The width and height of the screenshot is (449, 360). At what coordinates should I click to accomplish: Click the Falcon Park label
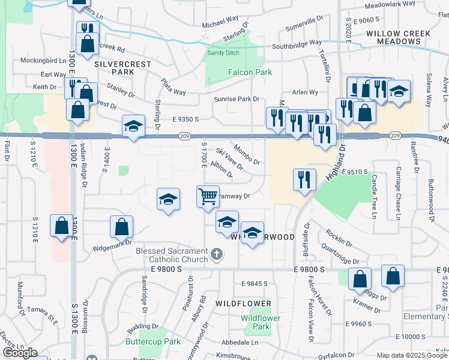(x=250, y=72)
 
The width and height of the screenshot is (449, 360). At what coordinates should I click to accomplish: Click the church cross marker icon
(x=217, y=256)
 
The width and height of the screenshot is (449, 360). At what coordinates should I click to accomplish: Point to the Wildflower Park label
(x=261, y=322)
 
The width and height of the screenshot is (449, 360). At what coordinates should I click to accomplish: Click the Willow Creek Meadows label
(x=393, y=37)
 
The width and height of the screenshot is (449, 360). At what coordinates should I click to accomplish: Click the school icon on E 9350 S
(x=133, y=126)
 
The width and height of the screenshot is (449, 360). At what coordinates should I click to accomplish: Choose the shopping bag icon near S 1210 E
(x=61, y=226)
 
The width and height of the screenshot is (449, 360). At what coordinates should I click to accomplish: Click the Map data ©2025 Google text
(x=412, y=355)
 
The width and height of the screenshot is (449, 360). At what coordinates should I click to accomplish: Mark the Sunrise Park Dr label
(x=237, y=98)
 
